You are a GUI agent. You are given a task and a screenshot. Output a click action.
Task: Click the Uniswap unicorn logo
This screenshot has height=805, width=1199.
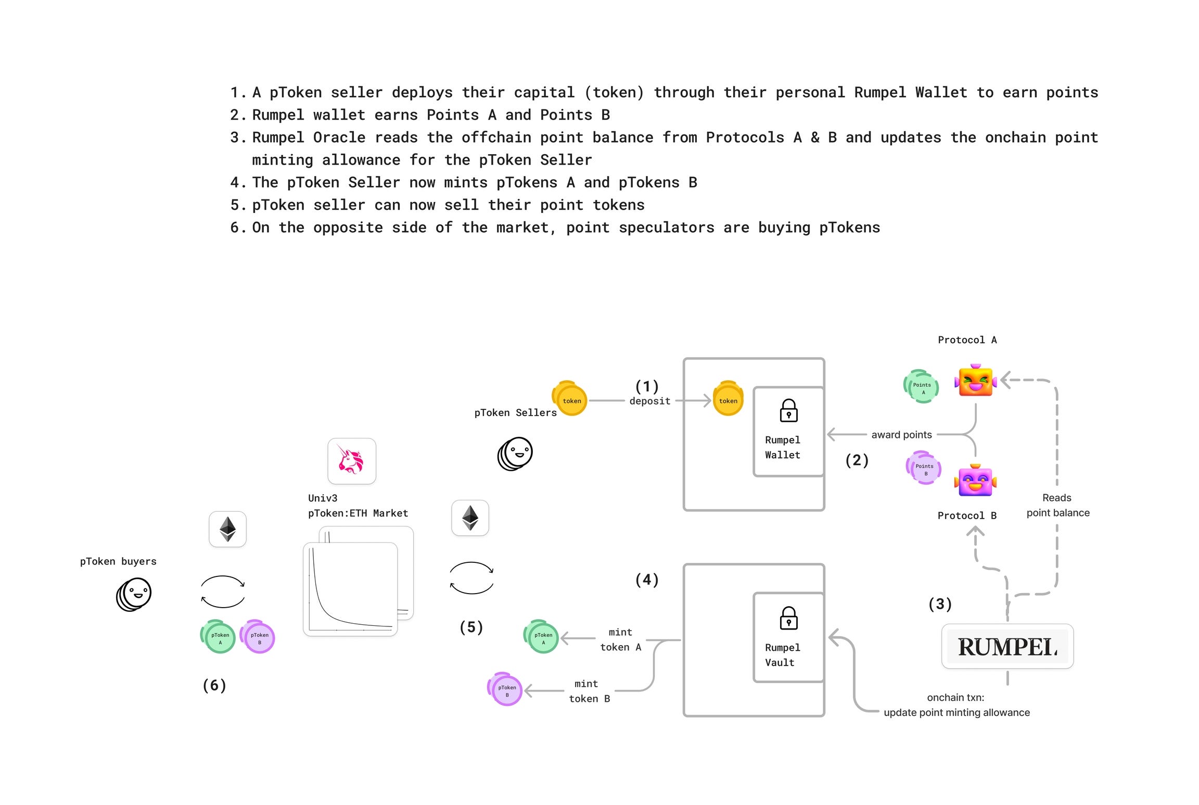(x=351, y=461)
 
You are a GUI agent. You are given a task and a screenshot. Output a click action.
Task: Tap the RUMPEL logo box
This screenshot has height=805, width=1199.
(x=1007, y=646)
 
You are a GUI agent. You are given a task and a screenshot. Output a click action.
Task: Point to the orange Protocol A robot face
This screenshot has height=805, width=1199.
(x=976, y=381)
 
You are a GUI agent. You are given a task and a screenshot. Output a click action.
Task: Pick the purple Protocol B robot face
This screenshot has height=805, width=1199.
(x=975, y=480)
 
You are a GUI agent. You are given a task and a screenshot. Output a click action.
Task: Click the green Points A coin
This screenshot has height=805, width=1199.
(x=921, y=387)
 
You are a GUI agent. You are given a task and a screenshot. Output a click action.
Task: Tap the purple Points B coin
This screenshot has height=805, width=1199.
(x=924, y=468)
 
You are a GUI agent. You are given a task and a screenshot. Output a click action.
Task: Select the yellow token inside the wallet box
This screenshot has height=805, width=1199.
(x=728, y=399)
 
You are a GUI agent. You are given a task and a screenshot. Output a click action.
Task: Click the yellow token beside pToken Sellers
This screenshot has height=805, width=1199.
(x=570, y=399)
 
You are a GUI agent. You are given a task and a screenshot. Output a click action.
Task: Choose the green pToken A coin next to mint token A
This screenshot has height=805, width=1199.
(x=541, y=637)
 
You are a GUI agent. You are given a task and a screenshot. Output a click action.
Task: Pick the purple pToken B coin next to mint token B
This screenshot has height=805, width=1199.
(x=505, y=689)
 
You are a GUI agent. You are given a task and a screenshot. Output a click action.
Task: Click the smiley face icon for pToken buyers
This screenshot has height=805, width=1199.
(x=135, y=594)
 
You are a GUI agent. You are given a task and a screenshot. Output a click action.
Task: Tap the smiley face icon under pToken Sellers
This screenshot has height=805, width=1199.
(x=516, y=453)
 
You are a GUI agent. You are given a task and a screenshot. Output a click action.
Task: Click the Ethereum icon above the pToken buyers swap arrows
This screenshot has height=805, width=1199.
(x=227, y=529)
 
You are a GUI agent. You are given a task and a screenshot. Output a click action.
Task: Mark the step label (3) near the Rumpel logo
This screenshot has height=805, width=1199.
(x=940, y=604)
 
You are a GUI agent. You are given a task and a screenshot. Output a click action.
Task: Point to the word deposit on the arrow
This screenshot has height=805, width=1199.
(x=649, y=401)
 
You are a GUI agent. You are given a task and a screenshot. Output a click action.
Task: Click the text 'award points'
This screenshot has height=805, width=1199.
(x=901, y=435)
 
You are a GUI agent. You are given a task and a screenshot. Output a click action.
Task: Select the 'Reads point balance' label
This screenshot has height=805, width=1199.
(x=1057, y=505)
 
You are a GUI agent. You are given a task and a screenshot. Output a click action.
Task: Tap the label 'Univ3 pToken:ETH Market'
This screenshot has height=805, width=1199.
(x=358, y=506)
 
